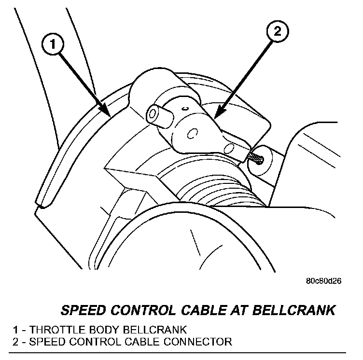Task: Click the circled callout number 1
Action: (54, 45)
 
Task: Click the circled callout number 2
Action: (277, 33)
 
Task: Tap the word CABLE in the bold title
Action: (199, 309)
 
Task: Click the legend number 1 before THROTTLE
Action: (16, 330)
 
